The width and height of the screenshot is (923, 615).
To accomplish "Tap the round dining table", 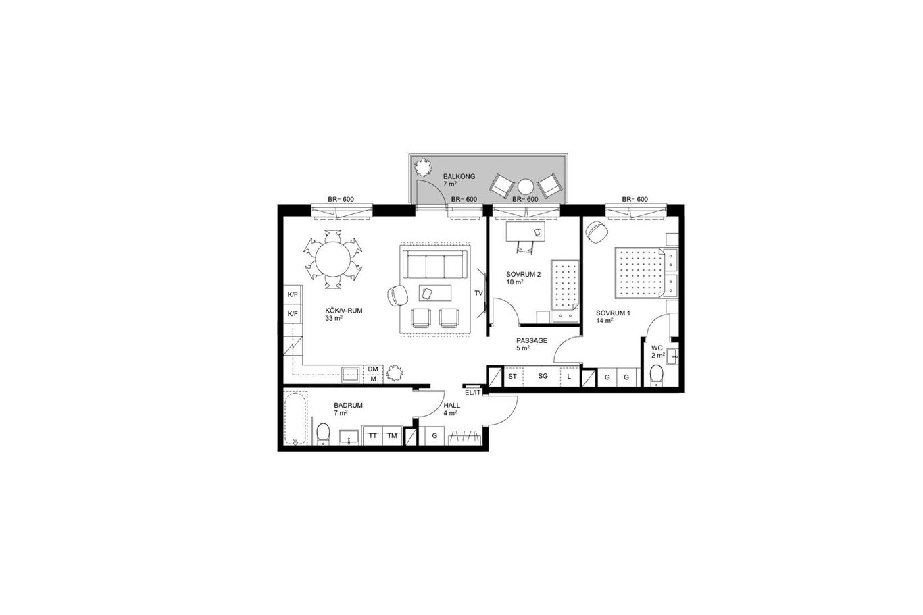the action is (333, 259).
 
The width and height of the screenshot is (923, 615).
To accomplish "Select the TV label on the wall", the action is (478, 293).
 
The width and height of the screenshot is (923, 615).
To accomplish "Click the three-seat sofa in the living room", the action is (434, 265).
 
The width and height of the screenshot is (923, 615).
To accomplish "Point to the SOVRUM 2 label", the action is (523, 275).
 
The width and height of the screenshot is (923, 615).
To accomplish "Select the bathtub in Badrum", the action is (296, 418).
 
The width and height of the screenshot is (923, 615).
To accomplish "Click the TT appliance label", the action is (373, 435).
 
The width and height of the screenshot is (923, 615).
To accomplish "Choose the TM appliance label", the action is (392, 435).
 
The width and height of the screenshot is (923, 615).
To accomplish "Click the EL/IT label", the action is (472, 393).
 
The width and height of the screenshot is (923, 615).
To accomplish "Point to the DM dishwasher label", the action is (373, 369).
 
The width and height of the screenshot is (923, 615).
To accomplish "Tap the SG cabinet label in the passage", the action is (543, 376).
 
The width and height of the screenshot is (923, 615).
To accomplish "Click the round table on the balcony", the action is (526, 187).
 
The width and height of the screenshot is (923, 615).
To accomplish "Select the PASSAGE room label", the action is (532, 340).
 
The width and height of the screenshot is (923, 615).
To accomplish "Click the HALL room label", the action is (451, 406).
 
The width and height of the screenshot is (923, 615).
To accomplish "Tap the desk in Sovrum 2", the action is (526, 232).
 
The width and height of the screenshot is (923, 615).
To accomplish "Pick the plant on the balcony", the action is (422, 167).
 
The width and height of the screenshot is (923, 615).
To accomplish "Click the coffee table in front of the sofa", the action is (435, 293).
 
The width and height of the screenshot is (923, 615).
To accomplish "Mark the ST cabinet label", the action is (513, 376).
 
